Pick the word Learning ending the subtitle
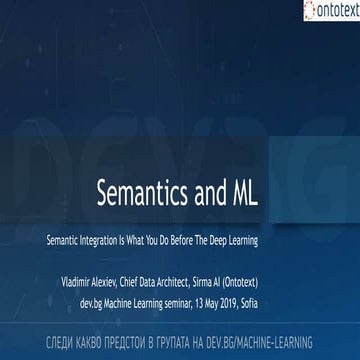(242, 212)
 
